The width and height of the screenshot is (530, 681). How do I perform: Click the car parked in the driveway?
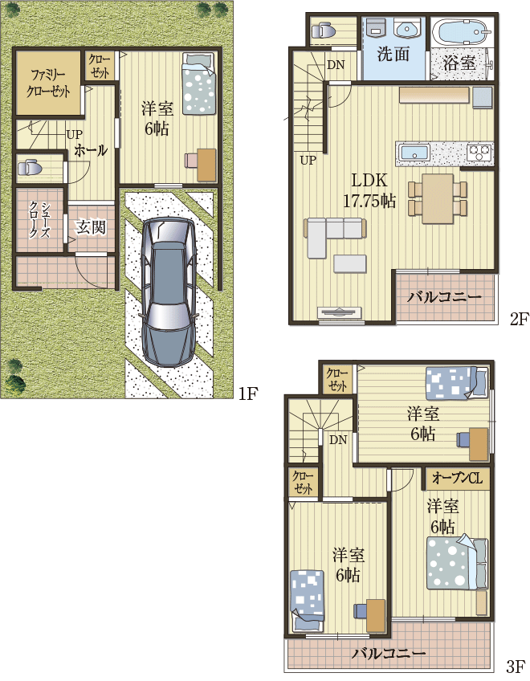[169, 292]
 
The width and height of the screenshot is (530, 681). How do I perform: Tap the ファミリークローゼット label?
[48, 83]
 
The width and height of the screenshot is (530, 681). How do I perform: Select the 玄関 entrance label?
[91, 227]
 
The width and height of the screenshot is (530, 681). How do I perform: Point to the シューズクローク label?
[40, 220]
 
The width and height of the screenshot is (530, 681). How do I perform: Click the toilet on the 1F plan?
[28, 167]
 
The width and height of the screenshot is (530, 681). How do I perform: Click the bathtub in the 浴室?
[462, 31]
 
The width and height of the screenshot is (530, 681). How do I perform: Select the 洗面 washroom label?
[393, 55]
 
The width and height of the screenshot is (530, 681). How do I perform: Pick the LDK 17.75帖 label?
[369, 191]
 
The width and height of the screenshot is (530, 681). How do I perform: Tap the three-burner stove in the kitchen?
[479, 153]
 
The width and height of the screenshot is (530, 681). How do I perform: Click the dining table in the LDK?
[438, 199]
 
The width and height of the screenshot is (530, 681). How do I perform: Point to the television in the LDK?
[340, 312]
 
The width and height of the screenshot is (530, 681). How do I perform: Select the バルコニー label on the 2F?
[444, 297]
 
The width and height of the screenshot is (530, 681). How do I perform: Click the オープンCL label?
[458, 478]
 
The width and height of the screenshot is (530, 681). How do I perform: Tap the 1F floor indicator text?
[248, 394]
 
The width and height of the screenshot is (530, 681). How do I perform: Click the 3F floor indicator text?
[517, 666]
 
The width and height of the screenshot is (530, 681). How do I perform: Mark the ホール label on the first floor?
[91, 151]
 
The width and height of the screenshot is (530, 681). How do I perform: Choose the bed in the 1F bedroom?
[198, 83]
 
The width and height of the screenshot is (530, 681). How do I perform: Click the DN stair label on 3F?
[338, 440]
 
